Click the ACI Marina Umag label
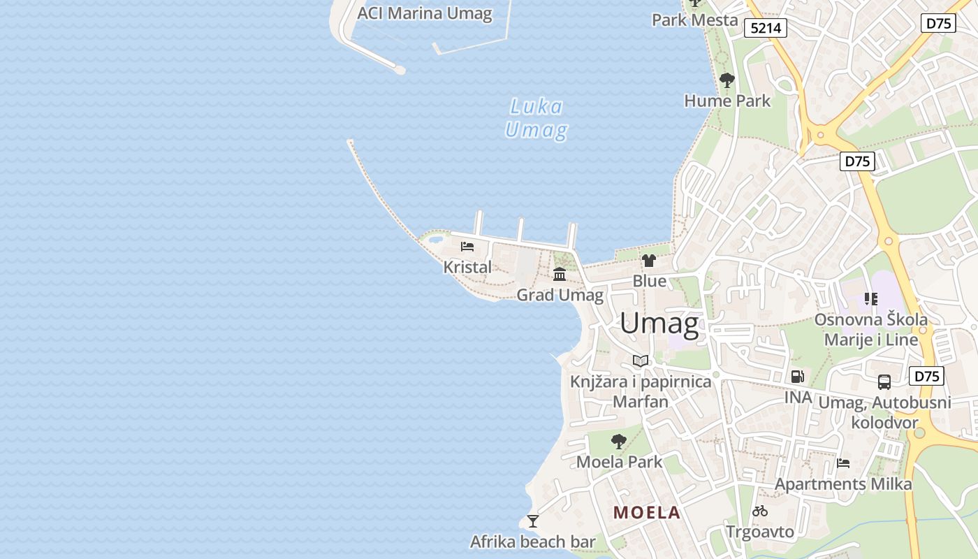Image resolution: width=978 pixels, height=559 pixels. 424,13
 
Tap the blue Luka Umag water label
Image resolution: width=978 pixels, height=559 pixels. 536,119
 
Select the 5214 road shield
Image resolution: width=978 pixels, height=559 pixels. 765,28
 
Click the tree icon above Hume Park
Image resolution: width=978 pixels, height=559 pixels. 727,80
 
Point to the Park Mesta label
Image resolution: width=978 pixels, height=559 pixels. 694,20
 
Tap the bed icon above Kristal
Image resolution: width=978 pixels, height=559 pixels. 467,246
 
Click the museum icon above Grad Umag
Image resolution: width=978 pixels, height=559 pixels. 560,274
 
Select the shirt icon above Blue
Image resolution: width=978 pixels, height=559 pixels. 649,261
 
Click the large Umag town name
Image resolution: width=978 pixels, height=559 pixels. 659,324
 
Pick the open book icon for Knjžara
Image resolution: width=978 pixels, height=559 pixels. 641,361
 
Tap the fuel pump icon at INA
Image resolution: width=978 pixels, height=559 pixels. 797,377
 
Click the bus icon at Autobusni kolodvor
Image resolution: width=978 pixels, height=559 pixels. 884,382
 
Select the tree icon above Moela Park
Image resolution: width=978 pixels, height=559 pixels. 618,441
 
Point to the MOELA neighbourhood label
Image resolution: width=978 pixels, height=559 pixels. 646,512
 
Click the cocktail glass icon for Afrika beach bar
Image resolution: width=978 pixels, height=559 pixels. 533,521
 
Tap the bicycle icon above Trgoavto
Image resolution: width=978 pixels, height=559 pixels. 760,511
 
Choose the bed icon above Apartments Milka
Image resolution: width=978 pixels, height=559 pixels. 843,463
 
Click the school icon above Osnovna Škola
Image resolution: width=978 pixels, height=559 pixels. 870,299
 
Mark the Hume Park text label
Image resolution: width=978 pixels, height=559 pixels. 727,101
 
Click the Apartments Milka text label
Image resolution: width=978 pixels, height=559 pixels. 843,484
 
